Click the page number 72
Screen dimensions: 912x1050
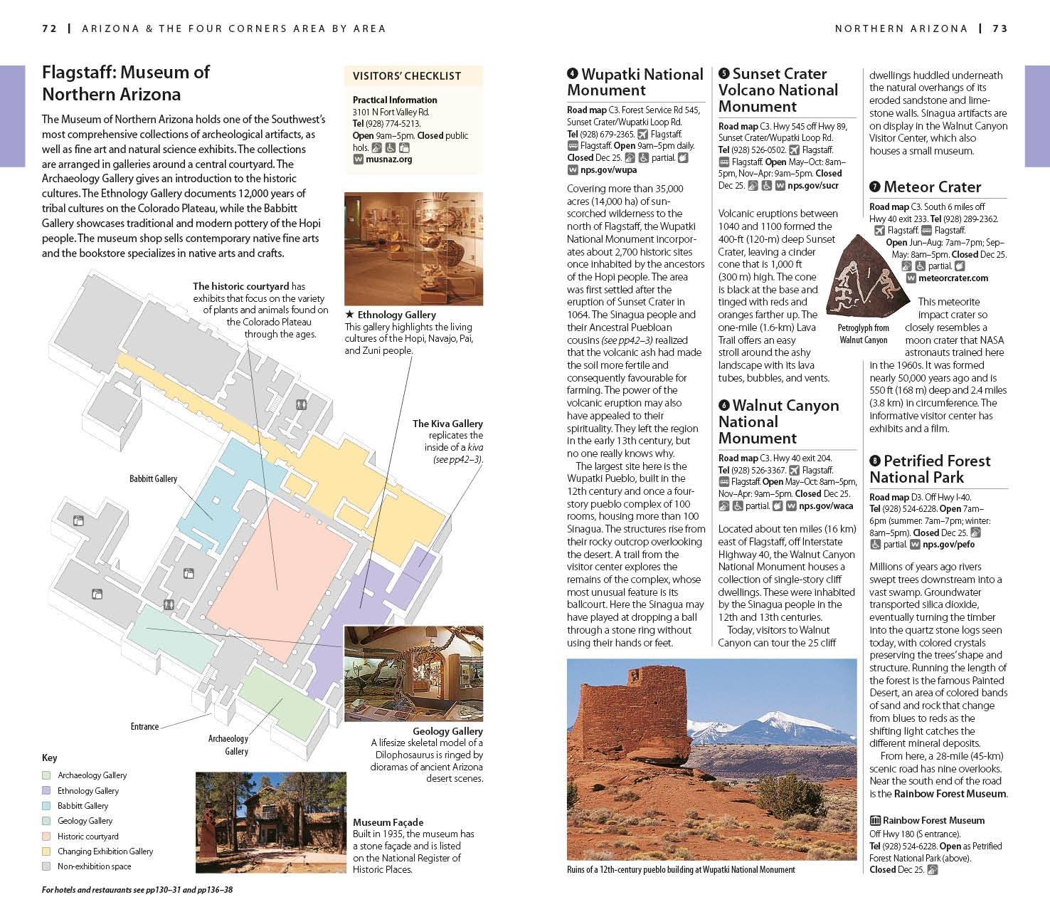point(49,28)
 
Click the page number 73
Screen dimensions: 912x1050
point(1000,28)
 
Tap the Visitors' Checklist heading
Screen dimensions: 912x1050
point(406,76)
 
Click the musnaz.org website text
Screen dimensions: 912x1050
point(388,159)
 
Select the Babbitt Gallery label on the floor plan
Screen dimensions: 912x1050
point(153,478)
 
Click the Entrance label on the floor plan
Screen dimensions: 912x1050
point(144,726)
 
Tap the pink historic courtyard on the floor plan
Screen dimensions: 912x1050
point(277,570)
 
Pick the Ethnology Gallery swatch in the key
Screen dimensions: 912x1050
point(46,790)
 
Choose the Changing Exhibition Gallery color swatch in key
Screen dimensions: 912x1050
point(46,851)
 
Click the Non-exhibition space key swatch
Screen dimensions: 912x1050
point(46,866)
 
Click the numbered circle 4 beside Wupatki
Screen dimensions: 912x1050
point(573,74)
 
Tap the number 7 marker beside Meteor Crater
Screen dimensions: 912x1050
point(875,187)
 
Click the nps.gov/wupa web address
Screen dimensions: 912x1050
point(608,170)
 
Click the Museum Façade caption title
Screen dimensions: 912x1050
point(388,822)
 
